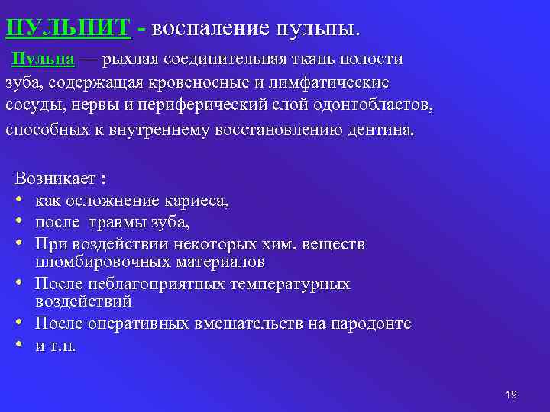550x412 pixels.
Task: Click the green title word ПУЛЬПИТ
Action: click(68, 28)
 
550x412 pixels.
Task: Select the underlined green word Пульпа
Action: click(43, 60)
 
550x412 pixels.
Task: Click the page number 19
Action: click(511, 394)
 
